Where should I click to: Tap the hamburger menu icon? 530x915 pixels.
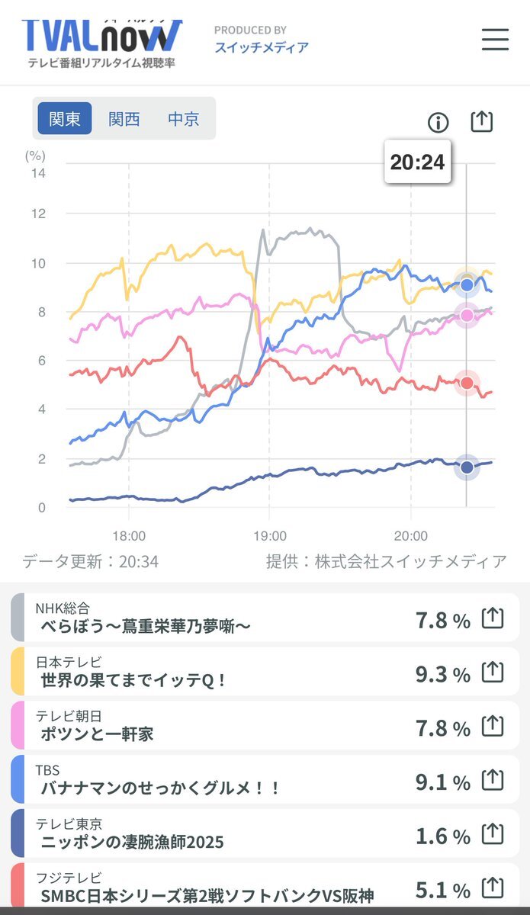click(x=495, y=39)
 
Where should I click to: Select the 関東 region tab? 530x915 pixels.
click(x=65, y=119)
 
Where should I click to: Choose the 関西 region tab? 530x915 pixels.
click(x=124, y=119)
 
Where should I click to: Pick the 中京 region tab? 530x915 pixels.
click(x=183, y=119)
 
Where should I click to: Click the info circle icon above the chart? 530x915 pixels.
click(x=438, y=122)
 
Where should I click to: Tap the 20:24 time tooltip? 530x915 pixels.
click(x=417, y=162)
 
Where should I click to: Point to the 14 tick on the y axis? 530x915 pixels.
click(x=37, y=173)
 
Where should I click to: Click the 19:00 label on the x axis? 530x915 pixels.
click(x=270, y=536)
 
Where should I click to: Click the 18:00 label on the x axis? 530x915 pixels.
click(x=129, y=536)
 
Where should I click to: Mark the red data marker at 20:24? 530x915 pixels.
click(x=467, y=383)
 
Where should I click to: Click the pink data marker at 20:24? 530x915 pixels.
click(x=467, y=315)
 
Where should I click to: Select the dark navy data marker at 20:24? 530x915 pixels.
click(x=467, y=467)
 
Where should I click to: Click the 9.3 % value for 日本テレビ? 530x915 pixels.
click(x=442, y=675)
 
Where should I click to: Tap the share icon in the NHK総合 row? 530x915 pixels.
click(x=493, y=618)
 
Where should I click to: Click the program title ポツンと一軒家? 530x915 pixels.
click(x=98, y=734)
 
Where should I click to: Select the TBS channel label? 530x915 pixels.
click(x=47, y=770)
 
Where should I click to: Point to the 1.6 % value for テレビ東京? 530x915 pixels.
click(x=442, y=836)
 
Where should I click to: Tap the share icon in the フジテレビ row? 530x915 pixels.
click(x=493, y=888)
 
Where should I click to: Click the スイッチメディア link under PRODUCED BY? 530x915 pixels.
click(x=262, y=47)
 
